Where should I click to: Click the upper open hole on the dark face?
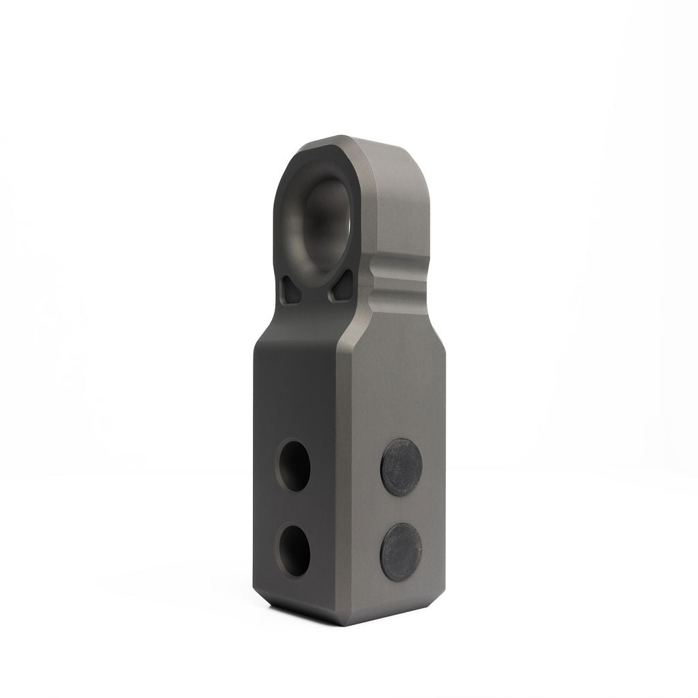pyautogui.click(x=294, y=466)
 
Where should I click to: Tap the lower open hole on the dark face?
pyautogui.click(x=294, y=549)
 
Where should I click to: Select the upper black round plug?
pyautogui.click(x=401, y=468)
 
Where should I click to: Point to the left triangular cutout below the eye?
pyautogui.click(x=293, y=292)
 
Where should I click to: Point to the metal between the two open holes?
pyautogui.click(x=294, y=507)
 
